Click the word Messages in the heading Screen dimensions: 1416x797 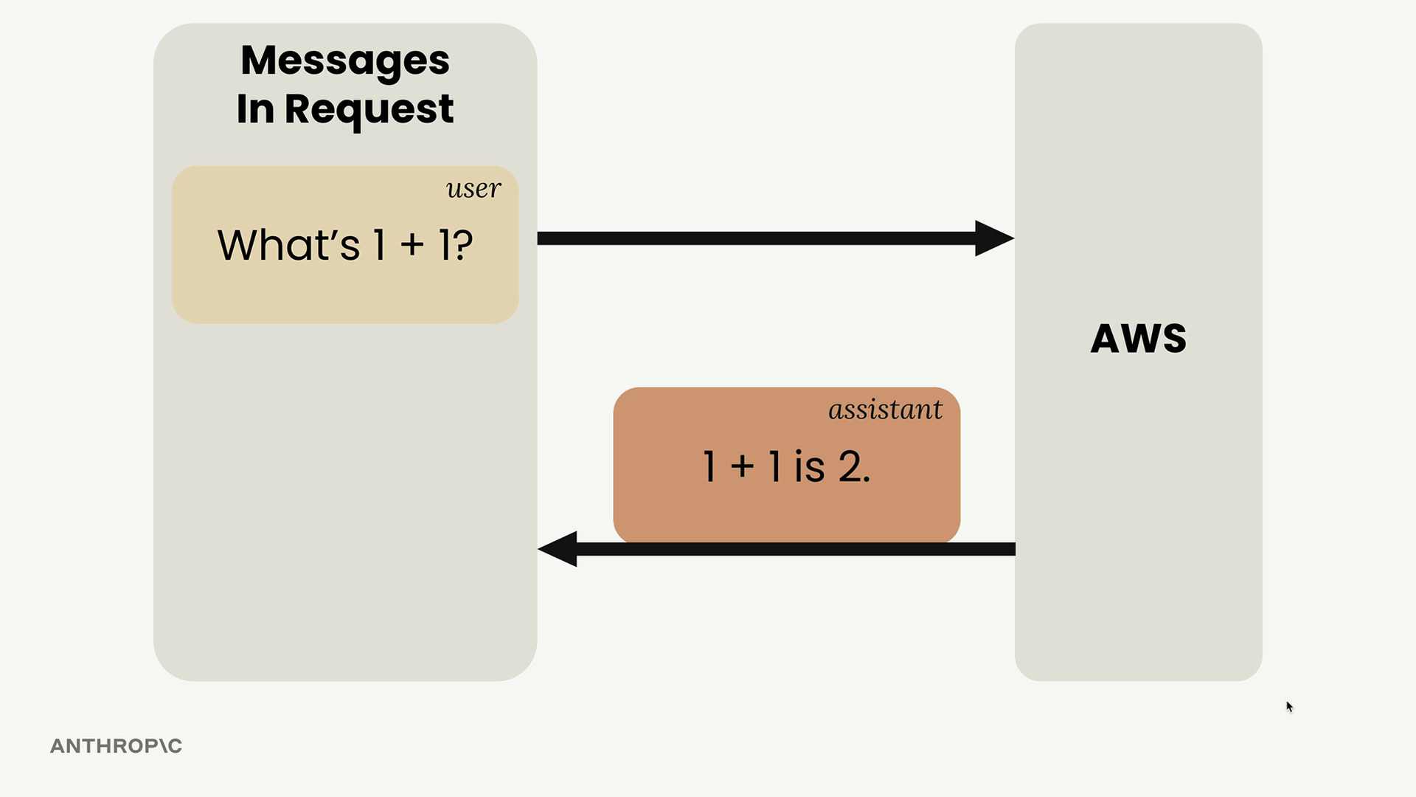tap(345, 61)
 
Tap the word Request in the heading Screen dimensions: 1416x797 tap(369, 110)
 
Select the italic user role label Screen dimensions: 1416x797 tap(473, 189)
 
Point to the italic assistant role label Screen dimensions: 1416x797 tap(885, 410)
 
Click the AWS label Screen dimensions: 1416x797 tap(1139, 339)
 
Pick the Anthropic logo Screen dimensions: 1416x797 tap(116, 746)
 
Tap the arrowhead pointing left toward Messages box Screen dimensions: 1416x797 tap(558, 549)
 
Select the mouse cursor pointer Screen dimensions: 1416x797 tap(1290, 707)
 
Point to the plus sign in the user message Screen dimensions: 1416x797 tap(413, 246)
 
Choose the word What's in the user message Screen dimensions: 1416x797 tap(288, 245)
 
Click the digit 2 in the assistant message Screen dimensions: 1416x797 tap(850, 467)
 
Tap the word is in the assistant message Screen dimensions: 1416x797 tap(809, 467)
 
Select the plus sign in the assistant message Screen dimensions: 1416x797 tap(743, 467)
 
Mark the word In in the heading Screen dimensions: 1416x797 tap(255, 110)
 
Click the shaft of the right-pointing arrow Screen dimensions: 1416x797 tap(757, 238)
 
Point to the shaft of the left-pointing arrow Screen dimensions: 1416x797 tap(796, 549)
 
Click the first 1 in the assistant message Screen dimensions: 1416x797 tap(709, 467)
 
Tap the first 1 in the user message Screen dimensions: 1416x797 tap(380, 246)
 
